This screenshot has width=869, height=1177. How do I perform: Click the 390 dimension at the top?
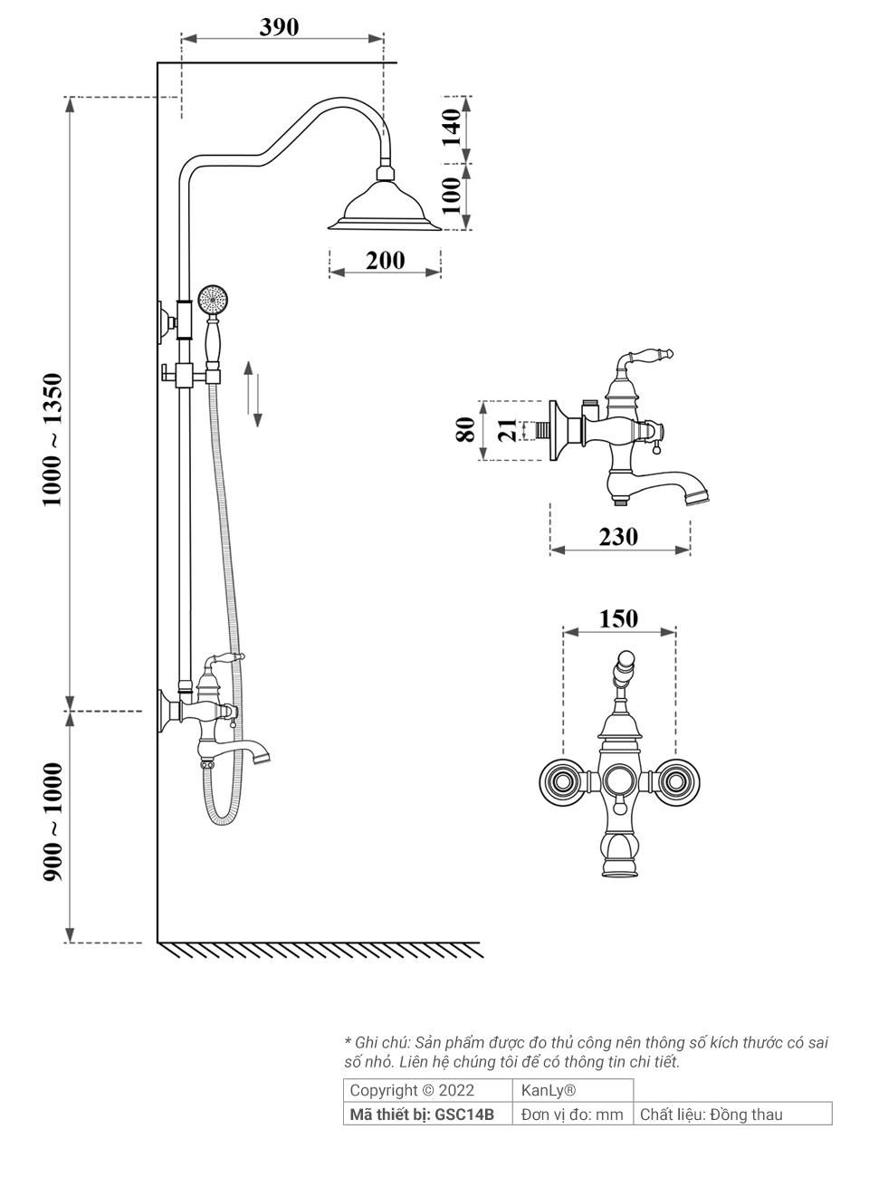pos(279,27)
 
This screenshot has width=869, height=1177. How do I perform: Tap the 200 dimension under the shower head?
pos(385,261)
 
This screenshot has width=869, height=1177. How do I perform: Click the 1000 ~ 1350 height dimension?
pos(52,439)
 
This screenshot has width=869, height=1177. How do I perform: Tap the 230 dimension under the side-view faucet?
pos(618,537)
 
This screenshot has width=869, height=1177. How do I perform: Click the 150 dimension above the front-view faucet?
pos(618,619)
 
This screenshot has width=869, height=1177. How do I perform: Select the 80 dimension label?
pos(465,429)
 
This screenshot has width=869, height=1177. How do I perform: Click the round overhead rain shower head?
pos(385,204)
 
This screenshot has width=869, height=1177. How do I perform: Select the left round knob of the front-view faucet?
pos(562,780)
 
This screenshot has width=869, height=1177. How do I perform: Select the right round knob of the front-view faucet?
pos(676,780)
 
